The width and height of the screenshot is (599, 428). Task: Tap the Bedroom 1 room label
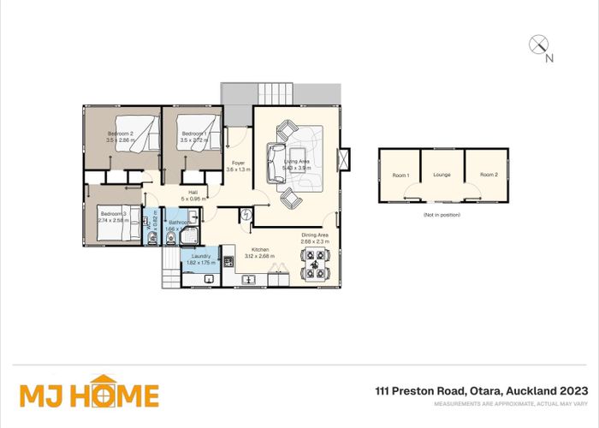pyautogui.click(x=193, y=134)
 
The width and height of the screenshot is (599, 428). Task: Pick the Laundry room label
pyautogui.click(x=200, y=256)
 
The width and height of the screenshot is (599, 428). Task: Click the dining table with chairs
pyautogui.click(x=316, y=269)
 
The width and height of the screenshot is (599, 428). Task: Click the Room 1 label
pyautogui.click(x=400, y=175)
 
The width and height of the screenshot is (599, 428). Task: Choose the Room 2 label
pyautogui.click(x=489, y=175)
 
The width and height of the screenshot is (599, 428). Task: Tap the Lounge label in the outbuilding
pyautogui.click(x=442, y=175)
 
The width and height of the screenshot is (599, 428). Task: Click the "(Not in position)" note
pyautogui.click(x=442, y=214)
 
